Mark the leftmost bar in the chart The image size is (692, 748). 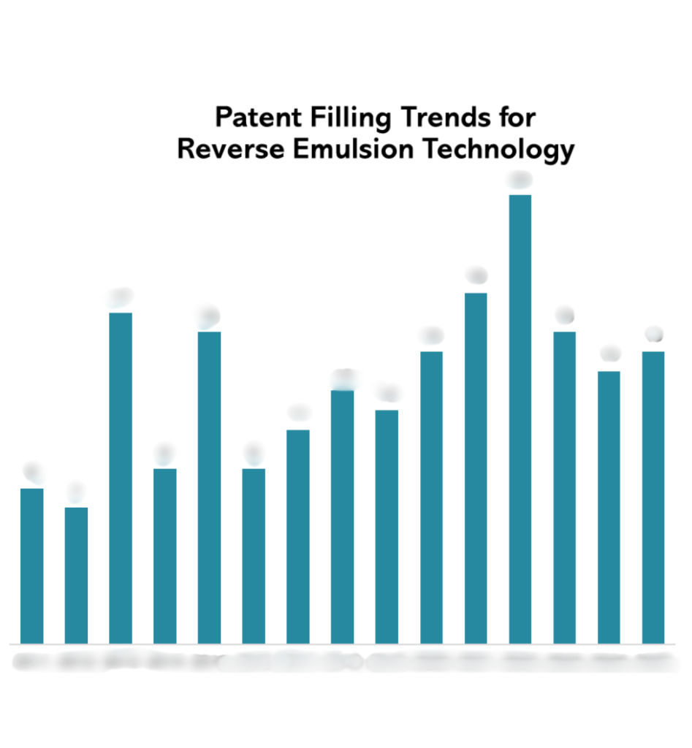tap(31, 565)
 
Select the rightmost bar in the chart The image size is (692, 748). tap(653, 497)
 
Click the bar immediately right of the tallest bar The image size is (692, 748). tap(564, 487)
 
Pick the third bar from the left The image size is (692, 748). tap(121, 478)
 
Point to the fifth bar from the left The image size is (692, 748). tap(209, 487)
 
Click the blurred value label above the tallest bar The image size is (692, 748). tap(520, 180)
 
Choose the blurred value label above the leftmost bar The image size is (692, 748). tap(32, 472)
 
